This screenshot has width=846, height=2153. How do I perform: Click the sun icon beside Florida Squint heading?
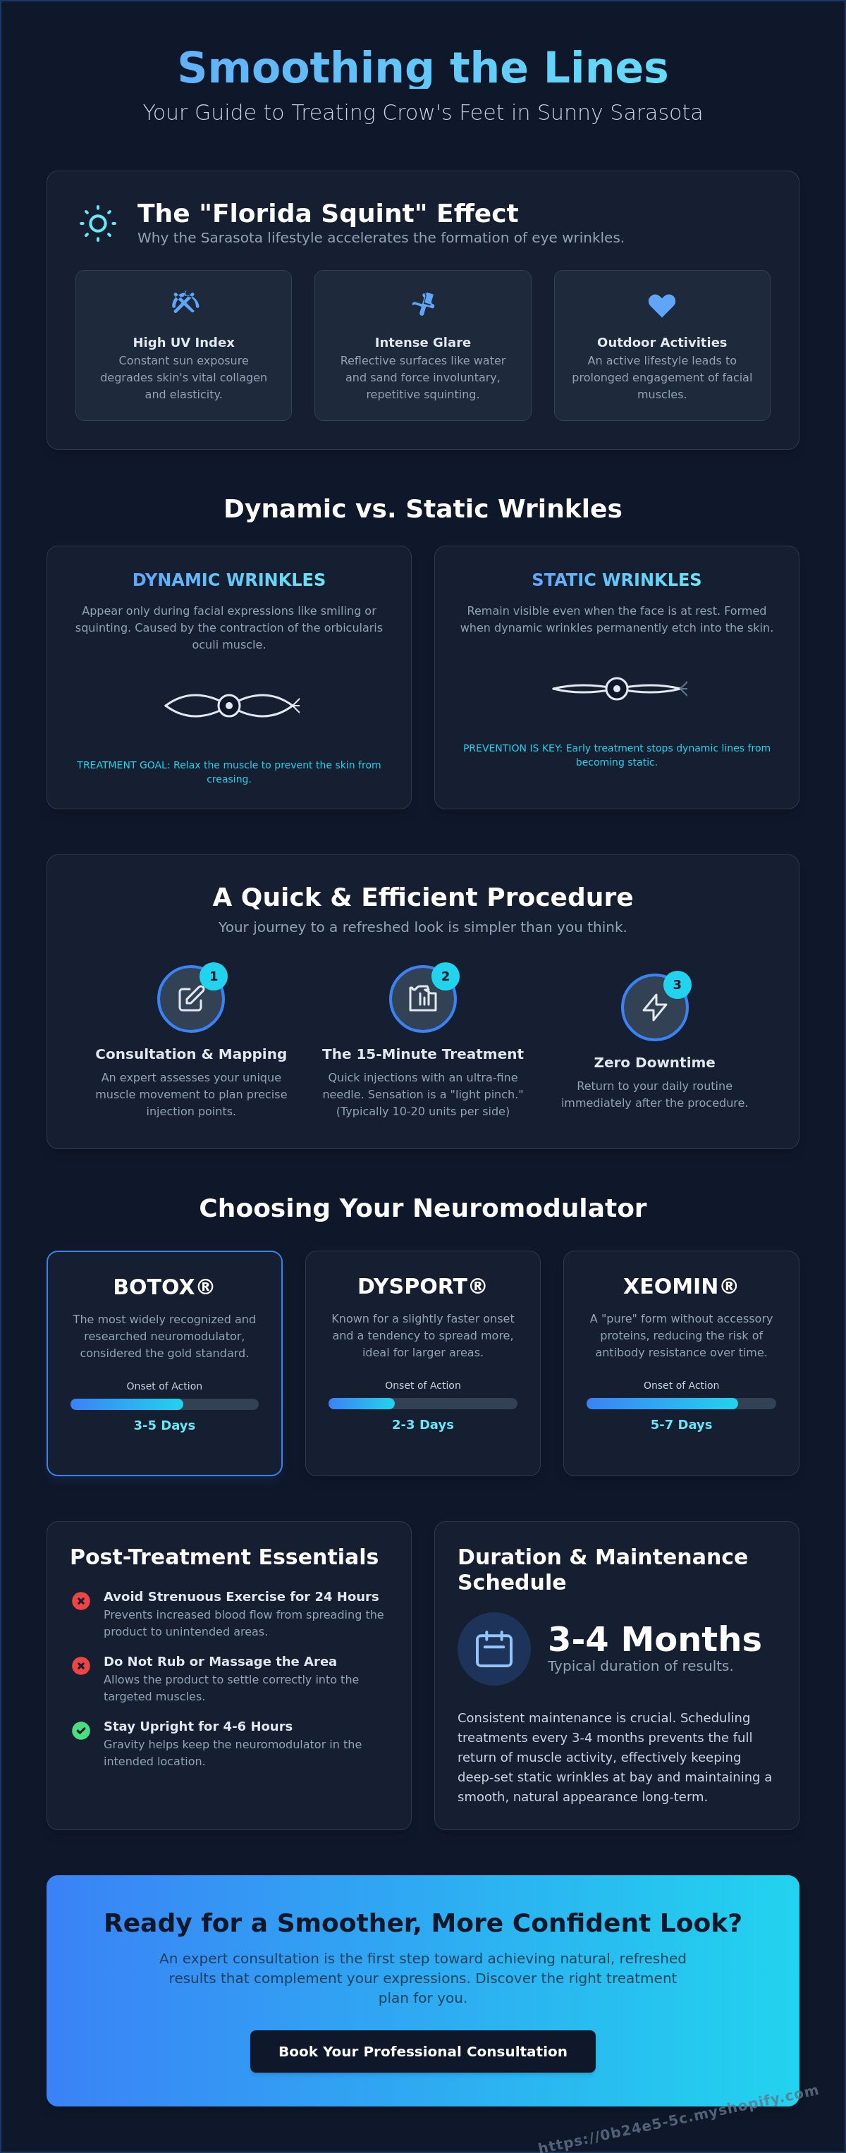98,223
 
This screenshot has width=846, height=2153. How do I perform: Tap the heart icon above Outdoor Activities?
662,305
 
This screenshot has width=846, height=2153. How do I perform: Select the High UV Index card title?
184,342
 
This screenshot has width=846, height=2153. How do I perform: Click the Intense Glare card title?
423,342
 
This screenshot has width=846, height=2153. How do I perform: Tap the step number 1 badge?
213,976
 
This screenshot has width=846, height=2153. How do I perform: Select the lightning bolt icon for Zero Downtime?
654,1007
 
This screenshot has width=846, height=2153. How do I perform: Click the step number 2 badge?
445,976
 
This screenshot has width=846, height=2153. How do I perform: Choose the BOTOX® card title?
164,1287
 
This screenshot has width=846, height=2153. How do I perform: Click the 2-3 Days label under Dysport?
423,1424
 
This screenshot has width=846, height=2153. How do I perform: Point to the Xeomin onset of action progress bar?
681,1404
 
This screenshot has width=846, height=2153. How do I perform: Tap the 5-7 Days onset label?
681,1424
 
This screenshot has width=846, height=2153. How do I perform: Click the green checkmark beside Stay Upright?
81,1730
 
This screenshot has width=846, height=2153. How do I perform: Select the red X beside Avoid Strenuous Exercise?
81,1600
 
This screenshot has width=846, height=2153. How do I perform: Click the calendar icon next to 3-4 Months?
494,1649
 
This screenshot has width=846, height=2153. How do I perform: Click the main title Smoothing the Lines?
423,68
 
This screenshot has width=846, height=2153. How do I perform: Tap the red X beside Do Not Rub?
81,1665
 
